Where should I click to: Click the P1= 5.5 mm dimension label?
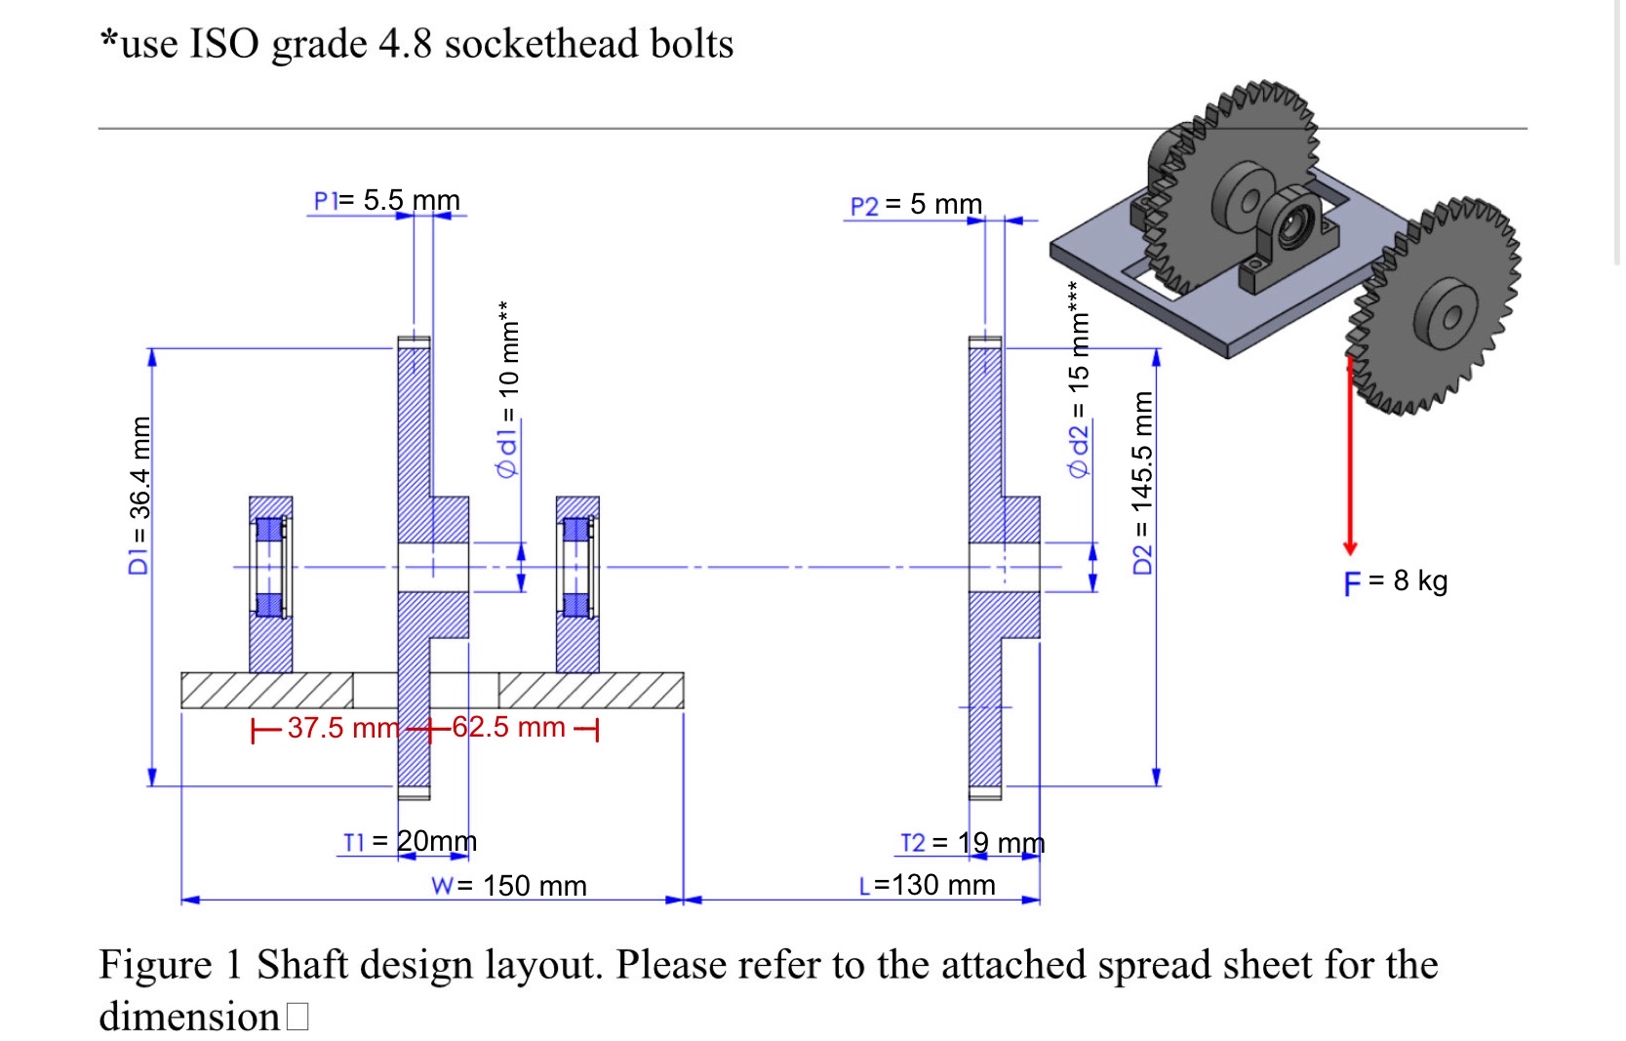point(386,201)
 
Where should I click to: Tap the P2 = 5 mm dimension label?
point(916,205)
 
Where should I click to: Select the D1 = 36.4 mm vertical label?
point(140,495)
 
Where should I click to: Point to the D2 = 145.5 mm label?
point(1142,482)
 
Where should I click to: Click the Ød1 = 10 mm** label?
point(508,389)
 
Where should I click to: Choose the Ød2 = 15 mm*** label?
point(1078,380)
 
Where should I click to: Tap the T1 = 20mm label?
point(410,841)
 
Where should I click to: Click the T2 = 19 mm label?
point(972,843)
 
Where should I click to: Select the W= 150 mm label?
point(508,886)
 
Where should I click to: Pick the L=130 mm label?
point(927,885)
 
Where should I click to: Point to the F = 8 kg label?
point(1395,581)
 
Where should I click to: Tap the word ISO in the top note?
point(224,44)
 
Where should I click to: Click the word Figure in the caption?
point(154,965)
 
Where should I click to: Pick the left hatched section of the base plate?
point(266,691)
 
